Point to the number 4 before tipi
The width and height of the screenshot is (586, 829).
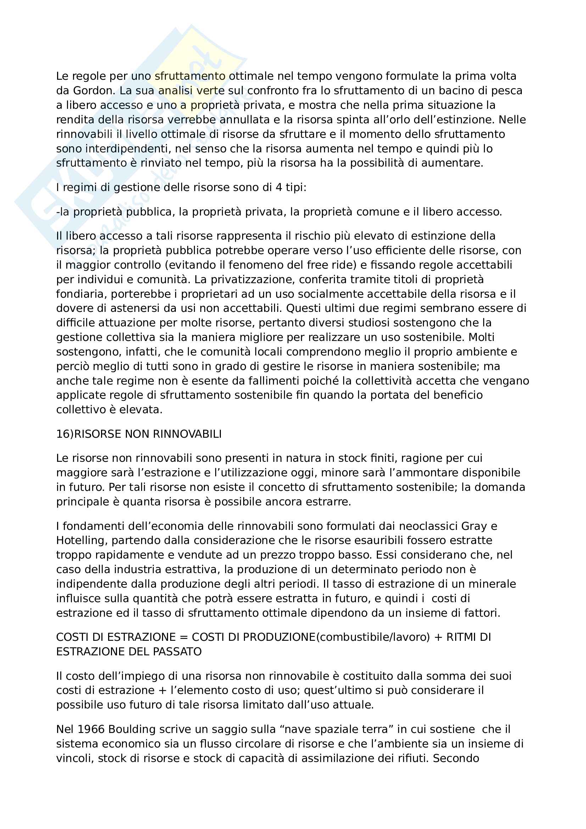(278, 187)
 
